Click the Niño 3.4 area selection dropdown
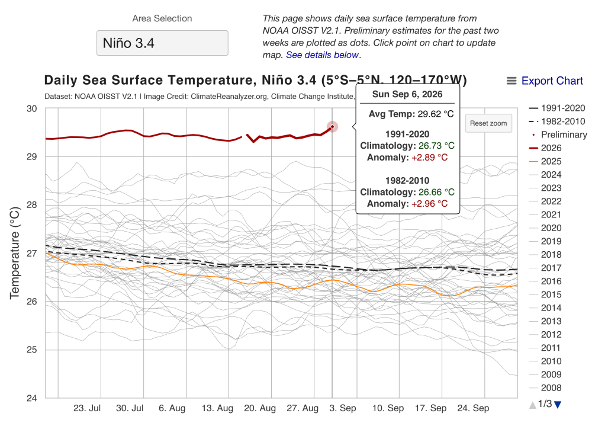(x=162, y=43)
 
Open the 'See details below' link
(x=322, y=55)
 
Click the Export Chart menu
(x=545, y=81)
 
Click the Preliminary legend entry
(x=559, y=134)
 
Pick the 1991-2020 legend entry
(x=557, y=108)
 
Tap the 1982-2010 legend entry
(x=557, y=121)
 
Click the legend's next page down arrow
(x=558, y=405)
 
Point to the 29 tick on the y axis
(x=32, y=157)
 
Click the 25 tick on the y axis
(x=32, y=350)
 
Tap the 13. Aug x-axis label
(x=217, y=408)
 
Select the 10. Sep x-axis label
(x=388, y=408)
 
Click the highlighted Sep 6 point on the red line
(x=332, y=127)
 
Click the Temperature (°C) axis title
(x=14, y=253)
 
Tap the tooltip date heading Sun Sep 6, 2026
(x=407, y=94)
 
